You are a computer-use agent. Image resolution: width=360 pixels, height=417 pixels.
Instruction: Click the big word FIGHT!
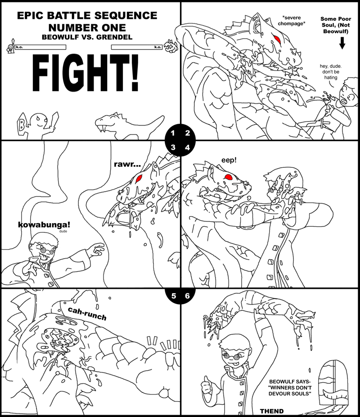85,73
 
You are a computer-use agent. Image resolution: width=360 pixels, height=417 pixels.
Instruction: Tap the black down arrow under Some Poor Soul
342,43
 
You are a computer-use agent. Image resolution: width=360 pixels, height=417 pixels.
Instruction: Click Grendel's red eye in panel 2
278,39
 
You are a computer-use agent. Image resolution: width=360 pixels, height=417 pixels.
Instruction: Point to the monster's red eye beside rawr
138,178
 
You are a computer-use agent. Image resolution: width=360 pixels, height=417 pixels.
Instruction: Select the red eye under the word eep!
229,176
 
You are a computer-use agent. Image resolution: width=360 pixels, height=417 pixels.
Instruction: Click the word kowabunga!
44,225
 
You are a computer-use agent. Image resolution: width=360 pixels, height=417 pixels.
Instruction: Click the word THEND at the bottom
272,411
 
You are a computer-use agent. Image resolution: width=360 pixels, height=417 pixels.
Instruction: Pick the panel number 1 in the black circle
173,133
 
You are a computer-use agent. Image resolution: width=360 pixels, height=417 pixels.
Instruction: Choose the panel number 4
187,148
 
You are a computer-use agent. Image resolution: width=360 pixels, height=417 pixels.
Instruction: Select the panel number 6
187,296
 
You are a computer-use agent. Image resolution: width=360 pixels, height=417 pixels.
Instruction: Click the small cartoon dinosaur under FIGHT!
129,126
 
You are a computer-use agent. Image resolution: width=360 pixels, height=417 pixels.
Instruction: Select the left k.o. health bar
40,47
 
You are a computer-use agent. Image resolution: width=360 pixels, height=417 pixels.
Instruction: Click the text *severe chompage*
291,21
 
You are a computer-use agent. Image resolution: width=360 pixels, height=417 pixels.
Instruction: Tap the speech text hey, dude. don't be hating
330,72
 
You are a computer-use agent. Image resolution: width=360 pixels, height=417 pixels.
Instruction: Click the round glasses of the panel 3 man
46,250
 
